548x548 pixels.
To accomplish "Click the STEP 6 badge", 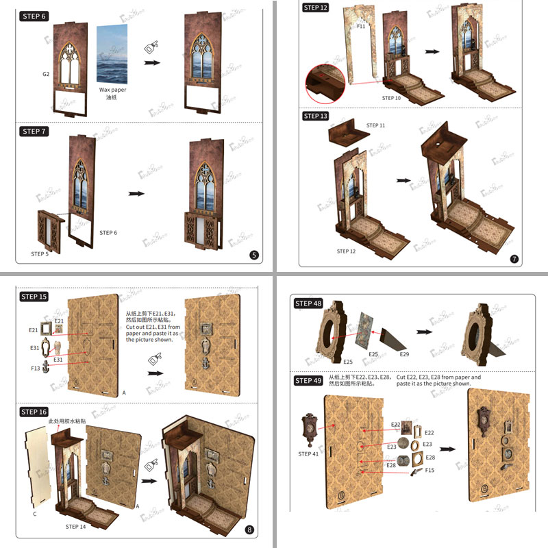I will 34,16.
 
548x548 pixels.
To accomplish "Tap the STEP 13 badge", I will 316,116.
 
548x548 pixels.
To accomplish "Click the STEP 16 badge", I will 34,412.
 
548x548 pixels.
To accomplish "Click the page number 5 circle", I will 255,256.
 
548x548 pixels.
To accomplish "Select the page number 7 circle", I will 514,259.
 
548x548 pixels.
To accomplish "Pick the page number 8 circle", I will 249,530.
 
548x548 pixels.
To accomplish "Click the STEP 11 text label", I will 376,126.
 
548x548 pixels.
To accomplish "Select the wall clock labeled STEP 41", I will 310,429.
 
